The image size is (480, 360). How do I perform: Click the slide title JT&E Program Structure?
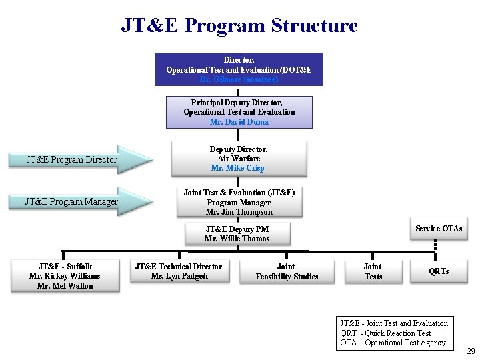click(239, 25)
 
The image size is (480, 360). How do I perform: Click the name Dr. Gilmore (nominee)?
click(239, 79)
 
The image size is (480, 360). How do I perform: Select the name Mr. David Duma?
click(239, 122)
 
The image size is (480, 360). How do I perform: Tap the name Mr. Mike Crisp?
click(238, 169)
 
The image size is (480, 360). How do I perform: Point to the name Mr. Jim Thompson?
click(239, 212)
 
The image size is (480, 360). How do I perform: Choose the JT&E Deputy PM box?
click(237, 233)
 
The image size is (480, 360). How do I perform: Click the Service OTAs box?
click(438, 229)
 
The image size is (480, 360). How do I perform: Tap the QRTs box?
click(439, 271)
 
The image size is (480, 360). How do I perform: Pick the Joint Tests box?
click(373, 271)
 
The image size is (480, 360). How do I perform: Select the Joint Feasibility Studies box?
click(287, 271)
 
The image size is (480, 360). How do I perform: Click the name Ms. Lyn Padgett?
click(179, 276)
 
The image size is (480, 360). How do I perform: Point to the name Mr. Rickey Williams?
click(65, 276)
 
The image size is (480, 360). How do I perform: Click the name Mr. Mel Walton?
click(65, 286)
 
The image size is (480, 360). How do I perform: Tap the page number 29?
click(471, 351)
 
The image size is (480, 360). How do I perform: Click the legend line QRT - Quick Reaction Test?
click(385, 333)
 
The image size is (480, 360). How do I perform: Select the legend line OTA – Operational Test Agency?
click(393, 343)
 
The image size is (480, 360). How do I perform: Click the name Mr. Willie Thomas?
click(237, 239)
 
